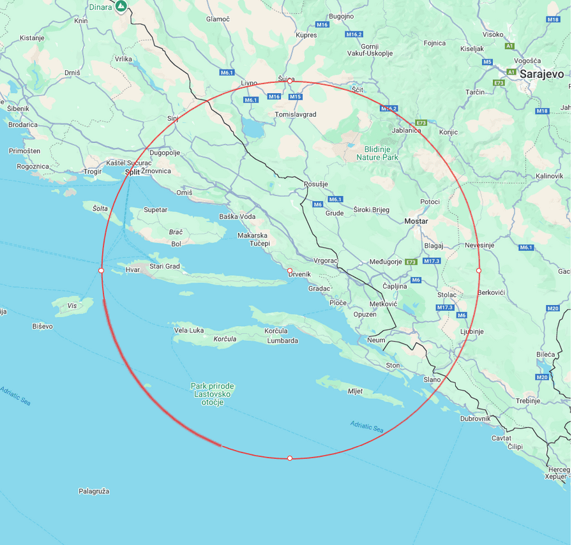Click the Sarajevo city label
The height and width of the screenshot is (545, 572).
[542, 74]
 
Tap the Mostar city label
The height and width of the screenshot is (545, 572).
[416, 221]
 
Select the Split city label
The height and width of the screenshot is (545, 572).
[132, 172]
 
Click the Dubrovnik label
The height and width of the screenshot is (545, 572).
[476, 419]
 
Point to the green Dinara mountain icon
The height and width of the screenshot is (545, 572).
[121, 7]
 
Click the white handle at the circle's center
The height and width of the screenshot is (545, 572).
[290, 271]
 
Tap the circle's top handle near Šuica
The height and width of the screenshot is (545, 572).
[290, 82]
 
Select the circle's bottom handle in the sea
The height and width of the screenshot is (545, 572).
[290, 458]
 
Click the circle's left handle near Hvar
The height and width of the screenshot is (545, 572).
[102, 271]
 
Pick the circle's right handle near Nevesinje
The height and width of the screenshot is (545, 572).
[479, 271]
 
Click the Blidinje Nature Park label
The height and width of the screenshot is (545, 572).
[377, 153]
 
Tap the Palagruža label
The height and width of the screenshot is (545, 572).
[94, 491]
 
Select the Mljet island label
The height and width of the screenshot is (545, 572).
[355, 391]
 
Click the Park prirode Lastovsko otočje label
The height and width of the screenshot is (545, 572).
[213, 394]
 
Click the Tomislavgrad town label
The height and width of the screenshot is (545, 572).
[295, 115]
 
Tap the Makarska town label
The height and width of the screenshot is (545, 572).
[253, 235]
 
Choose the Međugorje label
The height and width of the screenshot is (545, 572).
[386, 262]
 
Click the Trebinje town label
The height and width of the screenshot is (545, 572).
[528, 401]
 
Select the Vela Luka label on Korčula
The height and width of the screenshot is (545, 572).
[189, 331]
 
